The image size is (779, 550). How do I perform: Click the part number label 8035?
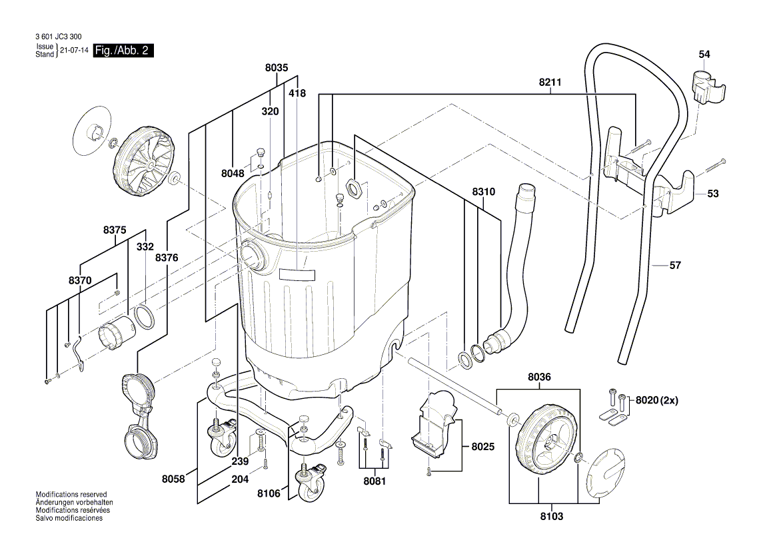coord(276,68)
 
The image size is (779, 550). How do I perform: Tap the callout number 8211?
coord(550,83)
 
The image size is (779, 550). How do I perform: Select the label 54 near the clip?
coord(704,54)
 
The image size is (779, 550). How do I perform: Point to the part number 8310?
coord(484,192)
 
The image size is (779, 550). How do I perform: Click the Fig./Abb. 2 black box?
coord(124,51)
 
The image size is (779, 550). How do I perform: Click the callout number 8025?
coord(483,446)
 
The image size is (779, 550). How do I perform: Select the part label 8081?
coord(375,481)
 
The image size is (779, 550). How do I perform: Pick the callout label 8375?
coord(115,230)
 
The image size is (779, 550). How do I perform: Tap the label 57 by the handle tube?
coord(675,265)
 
